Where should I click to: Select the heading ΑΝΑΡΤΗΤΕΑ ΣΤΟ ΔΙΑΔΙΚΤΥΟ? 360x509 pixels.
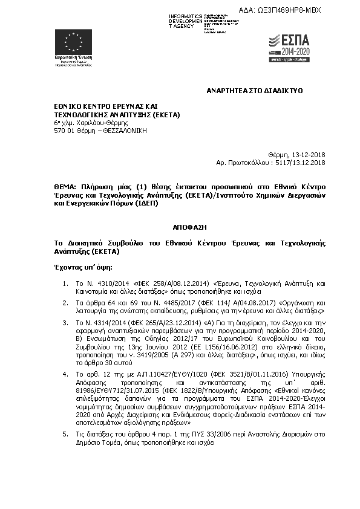255,90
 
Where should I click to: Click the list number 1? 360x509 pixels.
65,283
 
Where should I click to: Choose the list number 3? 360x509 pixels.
65,323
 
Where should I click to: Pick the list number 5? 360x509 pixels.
65,434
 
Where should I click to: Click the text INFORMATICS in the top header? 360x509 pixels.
186,15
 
